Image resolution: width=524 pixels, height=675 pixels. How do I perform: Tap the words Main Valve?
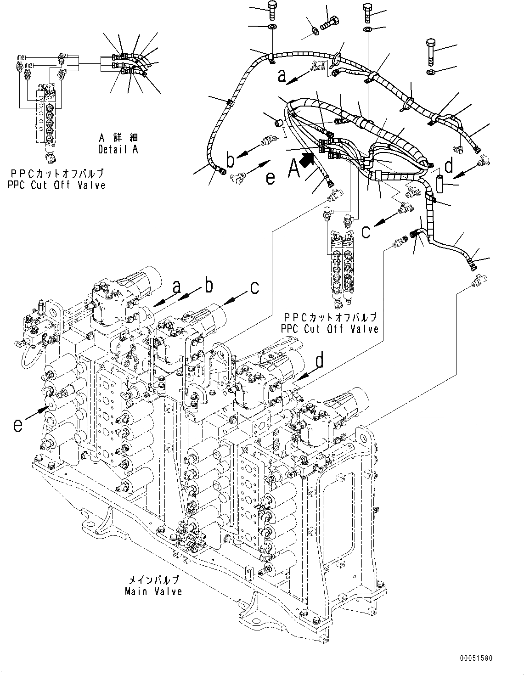[x=153, y=591]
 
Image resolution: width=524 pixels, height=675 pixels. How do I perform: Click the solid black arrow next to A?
[x=308, y=160]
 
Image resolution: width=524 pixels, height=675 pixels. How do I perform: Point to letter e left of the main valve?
[x=17, y=425]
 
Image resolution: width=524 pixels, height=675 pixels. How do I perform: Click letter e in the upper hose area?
[x=270, y=177]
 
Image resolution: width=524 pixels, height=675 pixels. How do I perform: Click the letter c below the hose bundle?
[x=366, y=231]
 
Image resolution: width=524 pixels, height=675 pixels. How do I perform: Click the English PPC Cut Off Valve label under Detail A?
[x=56, y=185]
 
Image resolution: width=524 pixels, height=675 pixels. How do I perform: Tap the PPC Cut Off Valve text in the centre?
[x=330, y=329]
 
